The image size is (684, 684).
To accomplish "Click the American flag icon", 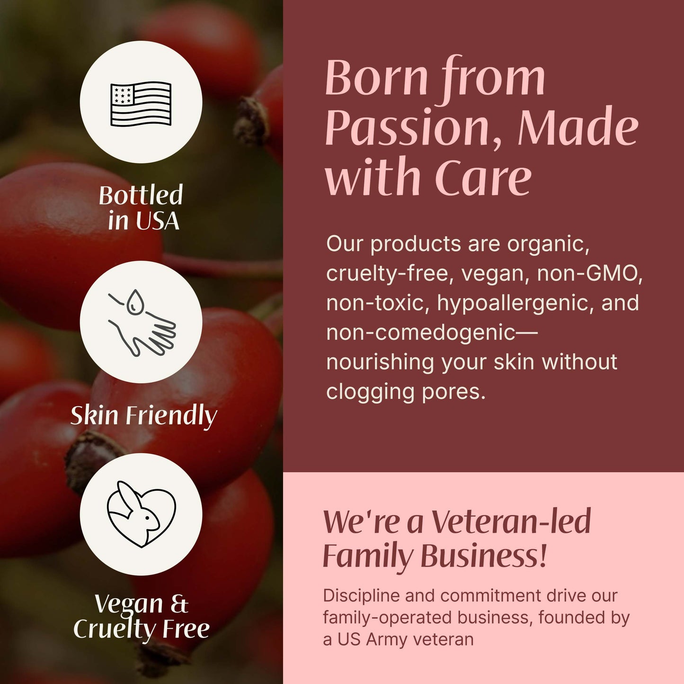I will pyautogui.click(x=141, y=103).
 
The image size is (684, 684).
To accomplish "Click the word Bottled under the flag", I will pyautogui.click(x=141, y=195).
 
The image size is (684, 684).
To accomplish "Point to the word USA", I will pyautogui.click(x=157, y=221).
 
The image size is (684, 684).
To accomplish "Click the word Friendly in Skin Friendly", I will pyautogui.click(x=171, y=416).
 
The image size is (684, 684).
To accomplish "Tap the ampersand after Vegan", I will pyautogui.click(x=179, y=603).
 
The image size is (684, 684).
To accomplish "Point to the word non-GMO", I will pyautogui.click(x=590, y=273).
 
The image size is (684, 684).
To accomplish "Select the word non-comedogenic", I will pyautogui.click(x=420, y=333).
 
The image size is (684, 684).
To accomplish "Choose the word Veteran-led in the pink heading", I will pyautogui.click(x=511, y=522).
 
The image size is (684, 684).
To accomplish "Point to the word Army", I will pyautogui.click(x=387, y=639).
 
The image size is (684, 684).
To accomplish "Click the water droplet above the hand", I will pyautogui.click(x=136, y=302).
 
